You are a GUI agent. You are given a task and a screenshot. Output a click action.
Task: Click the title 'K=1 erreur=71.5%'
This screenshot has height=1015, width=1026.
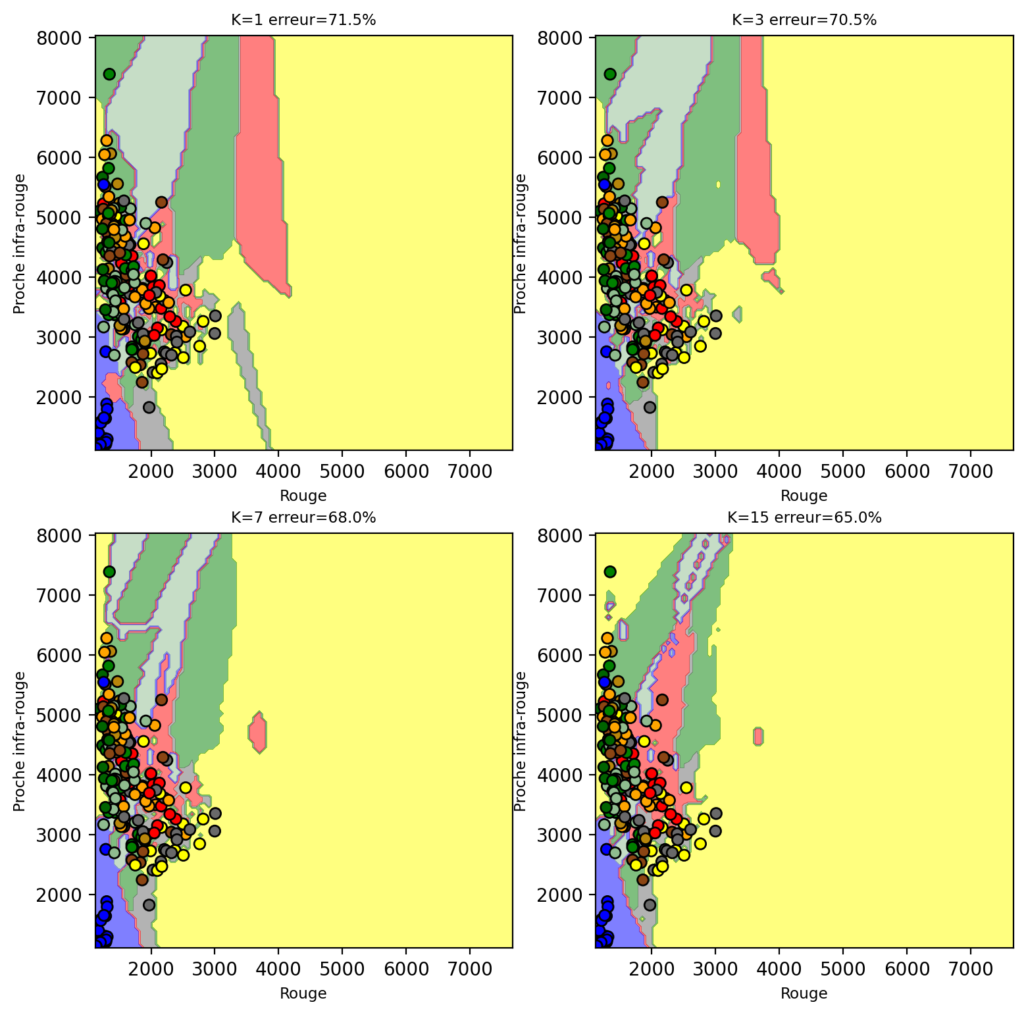pyautogui.click(x=303, y=20)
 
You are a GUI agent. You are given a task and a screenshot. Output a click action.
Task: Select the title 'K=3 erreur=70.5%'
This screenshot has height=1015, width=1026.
pyautogui.click(x=804, y=20)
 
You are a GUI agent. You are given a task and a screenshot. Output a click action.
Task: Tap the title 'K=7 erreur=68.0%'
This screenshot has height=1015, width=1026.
pyautogui.click(x=303, y=518)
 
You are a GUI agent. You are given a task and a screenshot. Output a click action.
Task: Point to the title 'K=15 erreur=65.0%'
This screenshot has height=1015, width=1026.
pyautogui.click(x=804, y=518)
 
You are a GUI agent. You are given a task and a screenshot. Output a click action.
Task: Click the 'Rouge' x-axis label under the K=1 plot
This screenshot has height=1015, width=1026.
pyautogui.click(x=303, y=496)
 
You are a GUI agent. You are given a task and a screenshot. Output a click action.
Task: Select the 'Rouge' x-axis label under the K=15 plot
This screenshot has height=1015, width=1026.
pyautogui.click(x=804, y=993)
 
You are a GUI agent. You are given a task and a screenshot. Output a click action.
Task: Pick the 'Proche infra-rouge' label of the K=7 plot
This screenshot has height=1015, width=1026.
pyautogui.click(x=20, y=741)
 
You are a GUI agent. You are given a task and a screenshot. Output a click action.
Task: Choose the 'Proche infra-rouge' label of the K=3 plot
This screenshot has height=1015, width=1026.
pyautogui.click(x=520, y=244)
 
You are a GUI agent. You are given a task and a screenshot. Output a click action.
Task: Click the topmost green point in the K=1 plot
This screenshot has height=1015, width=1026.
pyautogui.click(x=109, y=74)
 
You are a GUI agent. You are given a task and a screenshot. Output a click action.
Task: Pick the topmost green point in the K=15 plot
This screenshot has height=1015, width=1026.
pyautogui.click(x=610, y=571)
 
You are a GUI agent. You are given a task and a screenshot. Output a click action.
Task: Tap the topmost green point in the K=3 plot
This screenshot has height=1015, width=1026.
pyautogui.click(x=610, y=74)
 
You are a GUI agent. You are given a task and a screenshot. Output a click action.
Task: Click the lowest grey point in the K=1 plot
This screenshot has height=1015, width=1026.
pyautogui.click(x=149, y=407)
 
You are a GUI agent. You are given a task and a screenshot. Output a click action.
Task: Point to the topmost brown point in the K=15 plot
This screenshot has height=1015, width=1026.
pyautogui.click(x=662, y=700)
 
